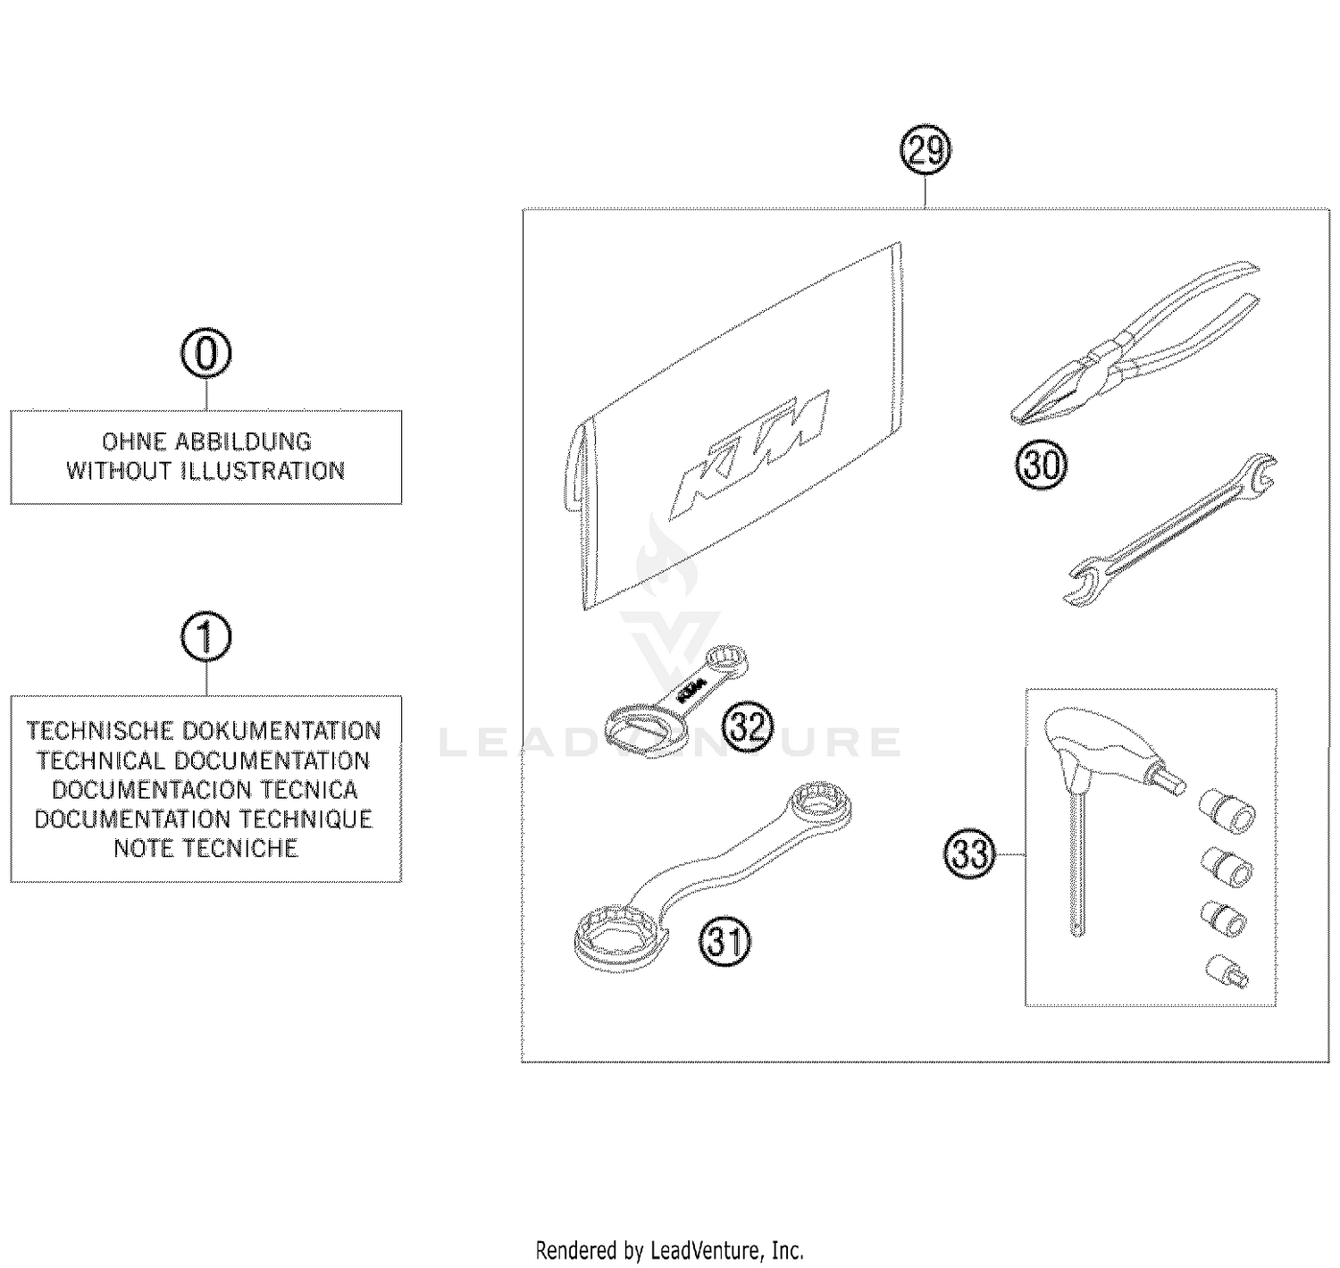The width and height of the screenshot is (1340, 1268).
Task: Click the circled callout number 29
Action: point(925,152)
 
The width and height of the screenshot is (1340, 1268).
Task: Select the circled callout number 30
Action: point(1041,466)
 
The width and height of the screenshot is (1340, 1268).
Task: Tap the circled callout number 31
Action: point(724,942)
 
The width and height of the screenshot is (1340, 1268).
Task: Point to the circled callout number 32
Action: point(747,727)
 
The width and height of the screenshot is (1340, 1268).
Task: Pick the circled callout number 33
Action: point(969,854)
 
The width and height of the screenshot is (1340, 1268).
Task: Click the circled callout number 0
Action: point(205,354)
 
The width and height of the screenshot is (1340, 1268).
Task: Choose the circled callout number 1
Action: point(205,638)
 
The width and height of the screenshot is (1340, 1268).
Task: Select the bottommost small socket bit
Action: point(1227,971)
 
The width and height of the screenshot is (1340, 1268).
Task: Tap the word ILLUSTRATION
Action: point(263,471)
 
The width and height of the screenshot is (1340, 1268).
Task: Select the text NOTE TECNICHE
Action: point(205,848)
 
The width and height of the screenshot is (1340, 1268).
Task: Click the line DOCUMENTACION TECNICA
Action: point(205,790)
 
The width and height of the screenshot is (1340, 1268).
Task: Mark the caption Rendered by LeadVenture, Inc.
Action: point(669,1249)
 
